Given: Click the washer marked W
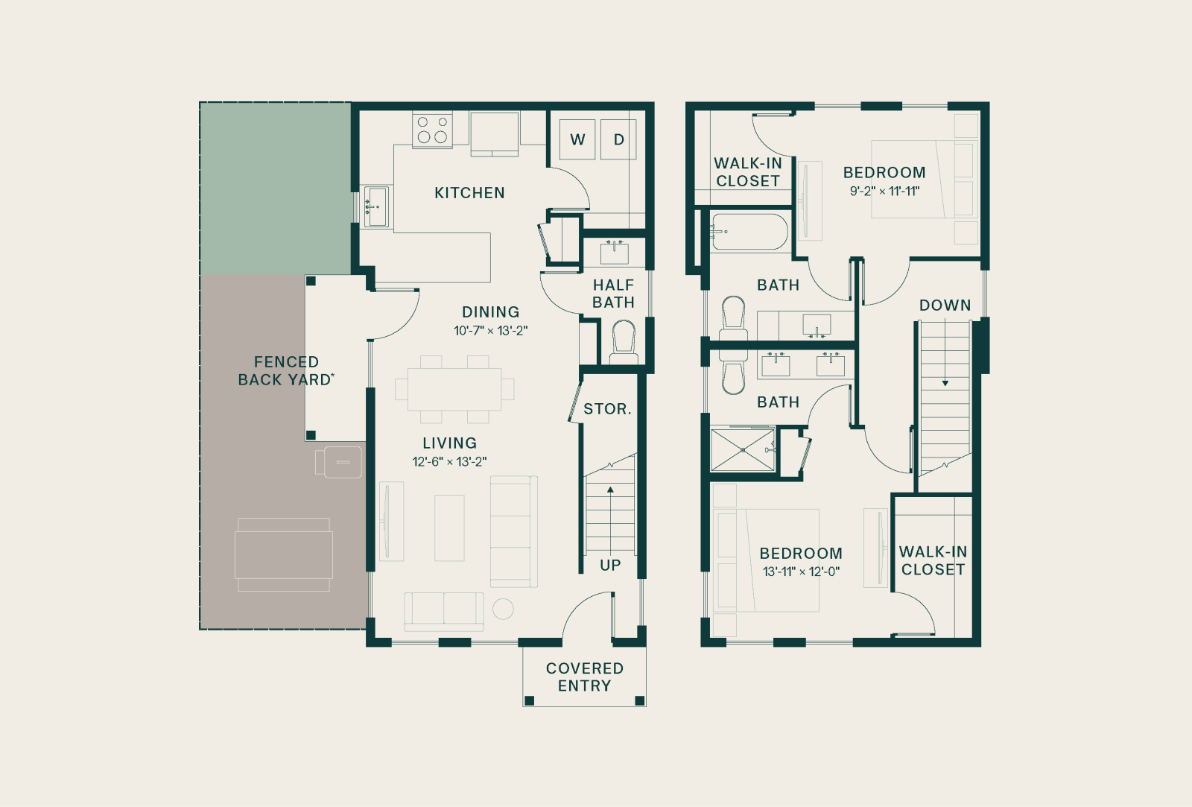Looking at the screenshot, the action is point(577,139).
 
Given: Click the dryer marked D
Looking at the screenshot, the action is point(618,139).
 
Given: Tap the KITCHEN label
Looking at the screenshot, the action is point(469,193).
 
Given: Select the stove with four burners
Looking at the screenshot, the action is point(432,130).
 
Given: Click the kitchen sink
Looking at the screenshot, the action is point(376,206).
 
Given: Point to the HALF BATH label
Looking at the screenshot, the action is point(614,294).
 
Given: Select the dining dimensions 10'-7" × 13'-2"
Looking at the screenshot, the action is point(490,331).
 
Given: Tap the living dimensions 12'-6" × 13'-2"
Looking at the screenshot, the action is point(449,461).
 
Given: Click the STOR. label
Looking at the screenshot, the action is point(607,409).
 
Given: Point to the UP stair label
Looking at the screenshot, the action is point(610,565).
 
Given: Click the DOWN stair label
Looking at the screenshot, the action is point(945,305).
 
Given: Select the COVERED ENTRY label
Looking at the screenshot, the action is point(584,677).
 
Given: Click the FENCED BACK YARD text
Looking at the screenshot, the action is point(286,370).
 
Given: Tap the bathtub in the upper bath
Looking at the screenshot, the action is point(749,232).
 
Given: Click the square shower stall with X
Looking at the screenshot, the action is point(742,450).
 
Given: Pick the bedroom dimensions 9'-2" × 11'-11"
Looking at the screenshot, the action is point(884,191).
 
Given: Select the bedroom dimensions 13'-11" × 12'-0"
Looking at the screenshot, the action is point(801,572).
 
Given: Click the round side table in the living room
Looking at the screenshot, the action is point(503,609).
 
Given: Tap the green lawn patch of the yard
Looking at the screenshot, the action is point(275,189).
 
